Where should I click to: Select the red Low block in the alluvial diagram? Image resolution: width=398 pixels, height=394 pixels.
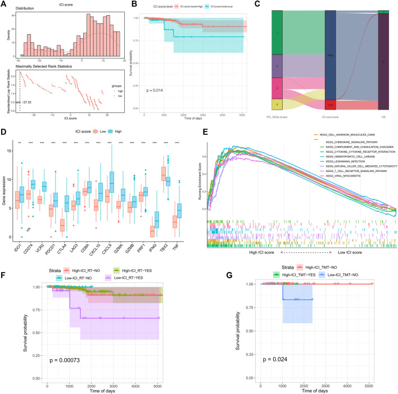tap(330, 105)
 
